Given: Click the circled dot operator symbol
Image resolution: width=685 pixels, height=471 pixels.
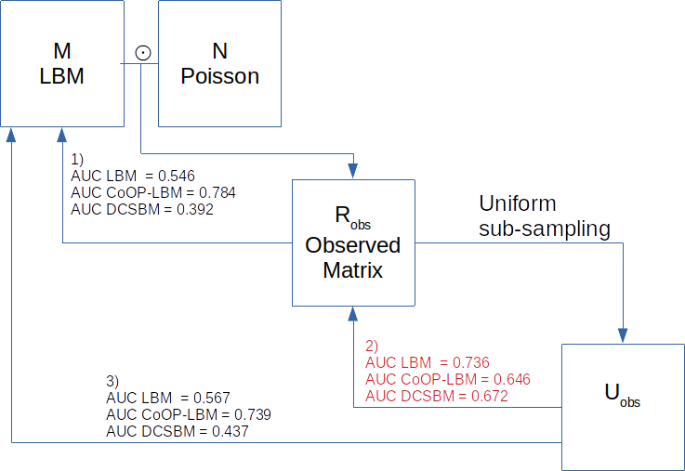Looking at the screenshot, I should pyautogui.click(x=142, y=54).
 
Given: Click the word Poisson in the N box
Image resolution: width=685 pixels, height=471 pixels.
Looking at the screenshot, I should pyautogui.click(x=219, y=76).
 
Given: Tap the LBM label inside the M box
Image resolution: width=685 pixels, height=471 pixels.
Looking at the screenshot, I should pyautogui.click(x=62, y=76).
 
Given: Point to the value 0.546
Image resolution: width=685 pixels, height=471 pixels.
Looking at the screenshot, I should pyautogui.click(x=177, y=176).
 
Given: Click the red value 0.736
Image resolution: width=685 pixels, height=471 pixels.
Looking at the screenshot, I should pyautogui.click(x=471, y=362).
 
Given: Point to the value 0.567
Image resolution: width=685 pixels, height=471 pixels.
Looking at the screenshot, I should pyautogui.click(x=212, y=397).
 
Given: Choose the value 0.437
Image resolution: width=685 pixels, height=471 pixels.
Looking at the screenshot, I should pyautogui.click(x=231, y=431).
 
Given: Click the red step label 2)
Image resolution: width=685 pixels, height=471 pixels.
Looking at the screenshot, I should pyautogui.click(x=374, y=346).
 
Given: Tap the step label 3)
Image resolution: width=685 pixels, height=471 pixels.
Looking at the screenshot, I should pyautogui.click(x=112, y=381).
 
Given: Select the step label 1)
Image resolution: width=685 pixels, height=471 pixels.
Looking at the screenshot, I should pyautogui.click(x=78, y=159).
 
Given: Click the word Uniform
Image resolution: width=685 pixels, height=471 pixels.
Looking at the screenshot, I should pyautogui.click(x=517, y=203).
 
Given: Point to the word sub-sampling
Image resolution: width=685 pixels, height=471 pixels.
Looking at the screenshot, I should pyautogui.click(x=545, y=229).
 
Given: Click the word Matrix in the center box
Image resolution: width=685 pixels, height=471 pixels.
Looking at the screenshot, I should pyautogui.click(x=352, y=270).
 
